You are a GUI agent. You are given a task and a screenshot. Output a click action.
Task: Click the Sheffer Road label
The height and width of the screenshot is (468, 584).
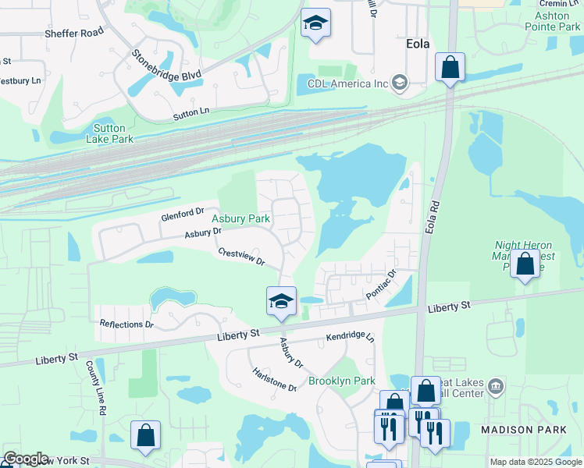[74, 33]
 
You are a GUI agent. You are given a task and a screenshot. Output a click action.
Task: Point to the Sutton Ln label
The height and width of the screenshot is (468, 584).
[191, 114]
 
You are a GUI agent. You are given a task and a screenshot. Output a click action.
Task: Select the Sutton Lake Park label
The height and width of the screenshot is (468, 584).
[113, 133]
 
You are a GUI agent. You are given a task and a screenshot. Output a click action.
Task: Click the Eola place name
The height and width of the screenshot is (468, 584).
[418, 44]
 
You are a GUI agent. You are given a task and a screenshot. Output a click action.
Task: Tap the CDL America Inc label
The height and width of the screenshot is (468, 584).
[348, 83]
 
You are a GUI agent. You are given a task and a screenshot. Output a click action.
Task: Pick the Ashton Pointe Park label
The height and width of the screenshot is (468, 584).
[557, 21]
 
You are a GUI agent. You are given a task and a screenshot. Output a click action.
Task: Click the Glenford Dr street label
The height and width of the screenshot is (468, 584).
[182, 211]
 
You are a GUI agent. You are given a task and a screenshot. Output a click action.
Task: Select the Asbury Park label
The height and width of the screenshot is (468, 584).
[241, 219]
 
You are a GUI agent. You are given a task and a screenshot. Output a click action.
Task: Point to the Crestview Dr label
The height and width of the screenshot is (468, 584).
[242, 257]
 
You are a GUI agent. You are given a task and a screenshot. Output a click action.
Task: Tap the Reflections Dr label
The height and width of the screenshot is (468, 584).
[126, 324]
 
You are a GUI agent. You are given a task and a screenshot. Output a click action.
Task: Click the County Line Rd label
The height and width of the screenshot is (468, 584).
[97, 387]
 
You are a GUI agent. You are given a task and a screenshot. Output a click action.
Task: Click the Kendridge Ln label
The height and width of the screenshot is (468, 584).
[351, 339]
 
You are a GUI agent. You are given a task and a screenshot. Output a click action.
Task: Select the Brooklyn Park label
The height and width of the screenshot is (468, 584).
[342, 381]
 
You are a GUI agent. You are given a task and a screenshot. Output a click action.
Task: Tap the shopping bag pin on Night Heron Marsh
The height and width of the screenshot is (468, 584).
[525, 264]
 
